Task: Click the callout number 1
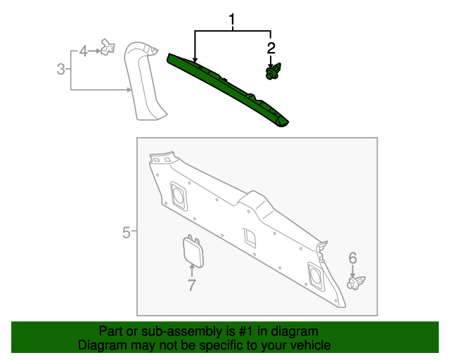[x=231, y=22]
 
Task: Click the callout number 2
[x=271, y=49]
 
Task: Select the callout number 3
[x=60, y=69]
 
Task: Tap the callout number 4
[x=83, y=51]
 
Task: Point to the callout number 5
[x=126, y=232]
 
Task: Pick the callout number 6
[x=353, y=258]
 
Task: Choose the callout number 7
[x=191, y=285]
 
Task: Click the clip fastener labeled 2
[x=271, y=72]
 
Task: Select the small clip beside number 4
[x=107, y=49]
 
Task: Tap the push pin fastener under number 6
[x=356, y=283]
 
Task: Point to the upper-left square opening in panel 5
[x=178, y=195]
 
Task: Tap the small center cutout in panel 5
[x=250, y=237]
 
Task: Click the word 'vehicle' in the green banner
[x=308, y=346]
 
